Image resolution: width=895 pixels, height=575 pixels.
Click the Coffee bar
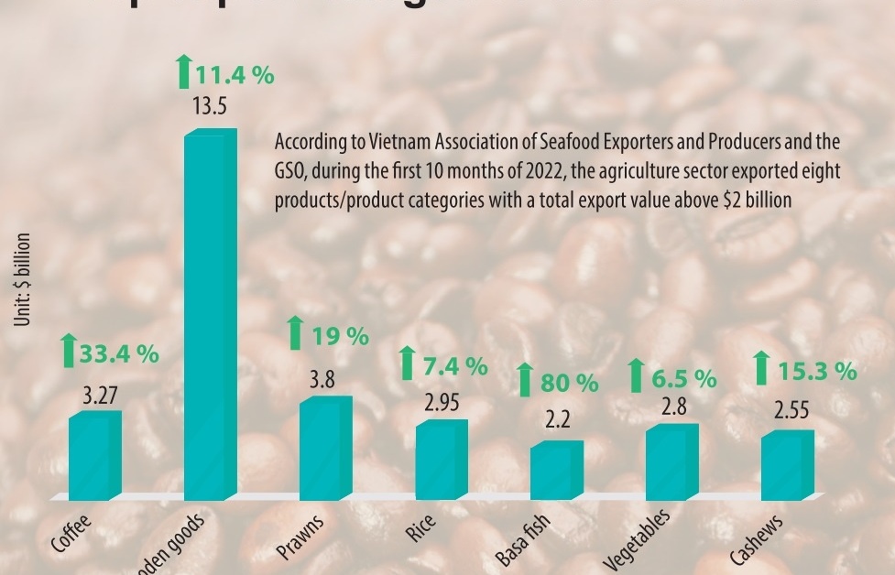coord(94,455)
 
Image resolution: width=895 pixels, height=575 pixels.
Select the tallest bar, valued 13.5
coord(210,315)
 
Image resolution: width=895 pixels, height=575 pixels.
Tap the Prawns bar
coord(325,448)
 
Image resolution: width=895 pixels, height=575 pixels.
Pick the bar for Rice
coord(441,460)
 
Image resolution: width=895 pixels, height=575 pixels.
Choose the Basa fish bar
coord(556,470)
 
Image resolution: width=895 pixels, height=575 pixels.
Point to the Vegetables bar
coord(671,462)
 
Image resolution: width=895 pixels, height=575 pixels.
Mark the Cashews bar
coord(787,465)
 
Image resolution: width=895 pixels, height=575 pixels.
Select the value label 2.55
coord(791,411)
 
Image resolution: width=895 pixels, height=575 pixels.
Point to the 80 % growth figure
coord(569,383)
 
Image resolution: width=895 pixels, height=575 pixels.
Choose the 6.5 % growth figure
coord(683,377)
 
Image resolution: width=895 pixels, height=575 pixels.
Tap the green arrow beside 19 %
coord(295,333)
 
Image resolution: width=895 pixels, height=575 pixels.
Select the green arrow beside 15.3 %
coord(761,369)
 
